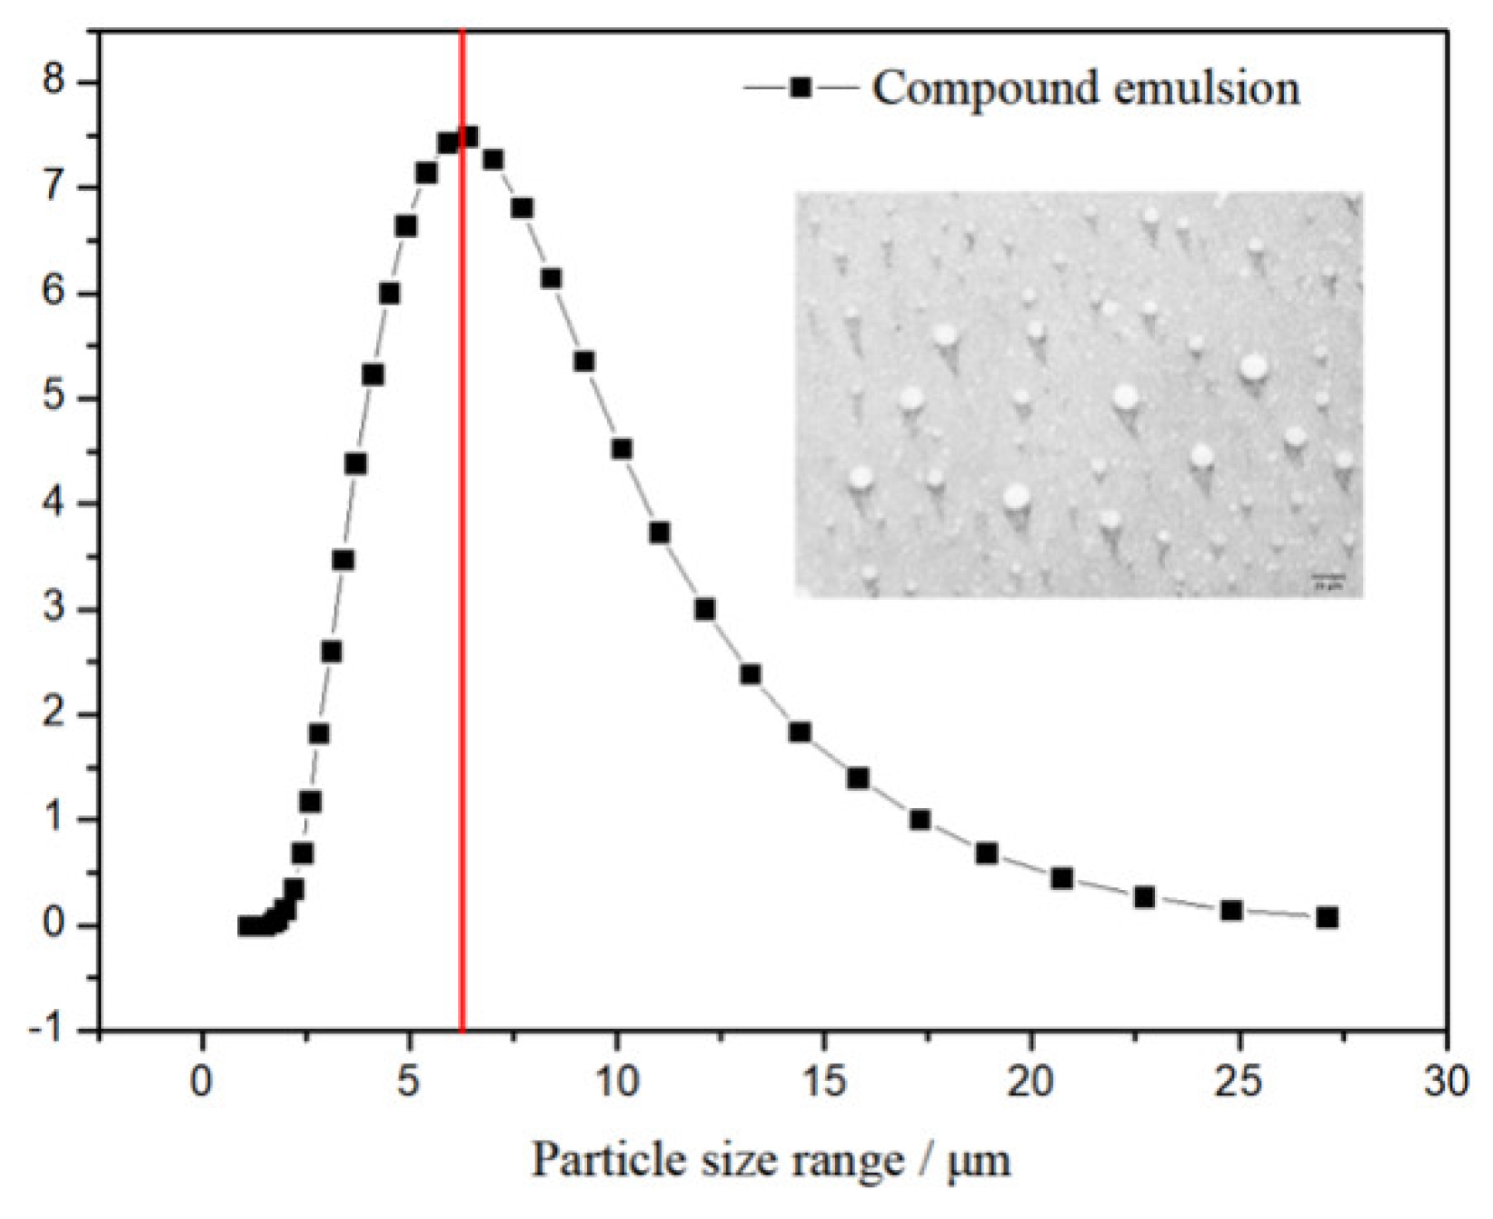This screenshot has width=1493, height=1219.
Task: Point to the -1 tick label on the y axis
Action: point(48,1030)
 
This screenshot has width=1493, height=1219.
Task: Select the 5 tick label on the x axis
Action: point(409,1082)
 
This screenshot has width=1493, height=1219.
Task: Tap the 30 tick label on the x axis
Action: point(1445,1082)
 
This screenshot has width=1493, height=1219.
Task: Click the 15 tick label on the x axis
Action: point(824,1082)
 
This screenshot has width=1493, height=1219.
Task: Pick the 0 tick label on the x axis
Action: point(202,1082)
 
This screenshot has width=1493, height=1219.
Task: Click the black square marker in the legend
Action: point(801,88)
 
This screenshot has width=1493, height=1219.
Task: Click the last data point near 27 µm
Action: point(1327,917)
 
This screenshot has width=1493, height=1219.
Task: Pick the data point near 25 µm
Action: point(1231,910)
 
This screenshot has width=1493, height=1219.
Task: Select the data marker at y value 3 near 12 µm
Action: point(704,609)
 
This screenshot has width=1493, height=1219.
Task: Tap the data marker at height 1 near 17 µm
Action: point(920,820)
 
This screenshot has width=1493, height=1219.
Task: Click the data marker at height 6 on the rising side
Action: point(389,294)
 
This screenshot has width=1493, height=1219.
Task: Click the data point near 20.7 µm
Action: point(1061,878)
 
